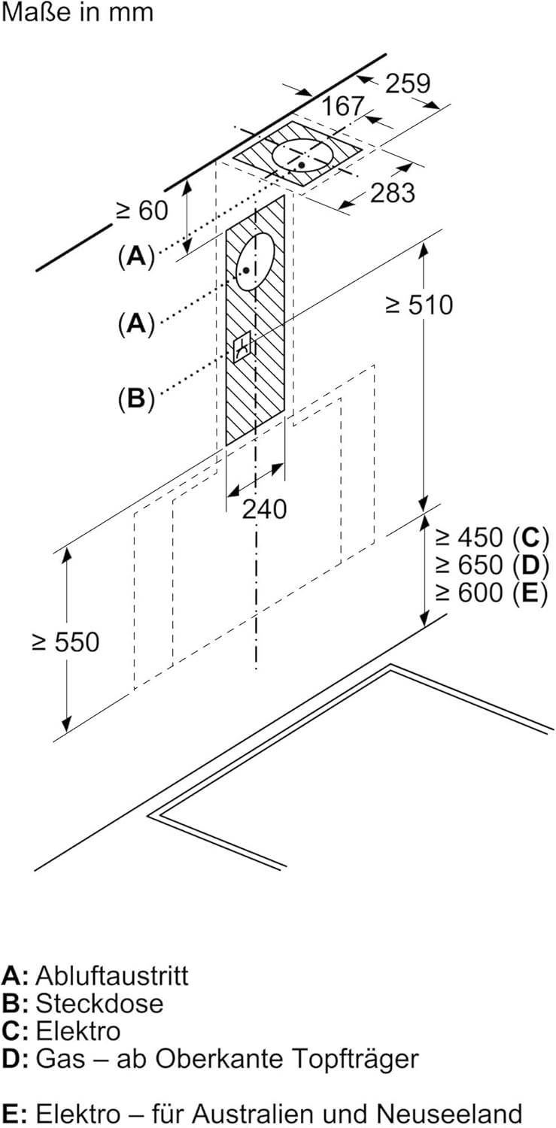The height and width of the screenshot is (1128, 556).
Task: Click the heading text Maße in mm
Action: (77, 13)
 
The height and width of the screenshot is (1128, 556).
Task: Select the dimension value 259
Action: (408, 83)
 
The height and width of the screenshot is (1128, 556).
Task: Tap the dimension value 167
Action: (344, 107)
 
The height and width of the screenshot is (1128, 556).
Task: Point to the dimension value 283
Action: (392, 193)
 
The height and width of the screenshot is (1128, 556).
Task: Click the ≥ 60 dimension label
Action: (141, 211)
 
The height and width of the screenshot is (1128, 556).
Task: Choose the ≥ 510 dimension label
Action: (419, 305)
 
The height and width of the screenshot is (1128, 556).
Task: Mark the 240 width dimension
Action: (264, 509)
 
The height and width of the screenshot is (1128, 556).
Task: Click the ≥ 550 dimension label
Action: (65, 642)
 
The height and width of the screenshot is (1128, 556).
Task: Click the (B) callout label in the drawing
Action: (135, 399)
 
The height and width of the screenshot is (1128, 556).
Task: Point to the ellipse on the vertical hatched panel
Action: (254, 260)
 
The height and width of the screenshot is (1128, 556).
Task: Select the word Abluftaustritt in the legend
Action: (112, 976)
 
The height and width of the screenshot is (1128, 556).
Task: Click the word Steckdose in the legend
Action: (99, 1003)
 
